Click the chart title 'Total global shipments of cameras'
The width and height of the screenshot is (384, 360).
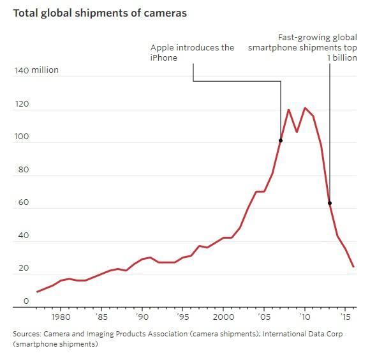tap(100, 13)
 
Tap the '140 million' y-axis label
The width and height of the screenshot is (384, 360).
tap(36, 70)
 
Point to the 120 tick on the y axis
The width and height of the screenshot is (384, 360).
tap(22, 103)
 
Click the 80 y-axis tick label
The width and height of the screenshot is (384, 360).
tap(22, 169)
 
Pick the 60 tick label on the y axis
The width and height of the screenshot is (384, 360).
tap(22, 202)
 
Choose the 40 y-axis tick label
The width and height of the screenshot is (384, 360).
tap(22, 236)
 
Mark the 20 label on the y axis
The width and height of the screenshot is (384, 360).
tap(22, 268)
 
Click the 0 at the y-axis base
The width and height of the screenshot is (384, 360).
tap(26, 301)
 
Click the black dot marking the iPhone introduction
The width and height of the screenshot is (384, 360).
tap(281, 140)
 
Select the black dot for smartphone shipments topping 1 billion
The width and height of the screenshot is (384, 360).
tap(330, 203)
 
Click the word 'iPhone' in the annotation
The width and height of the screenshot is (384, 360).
tap(164, 58)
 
